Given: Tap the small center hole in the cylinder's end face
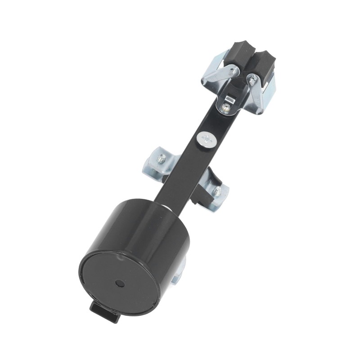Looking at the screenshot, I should tap(120, 284).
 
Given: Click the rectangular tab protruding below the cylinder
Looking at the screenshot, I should tap(104, 310).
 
